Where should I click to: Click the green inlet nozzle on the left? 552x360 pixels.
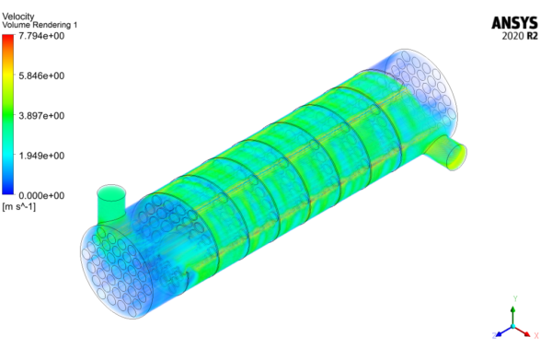click(x=110, y=202)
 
